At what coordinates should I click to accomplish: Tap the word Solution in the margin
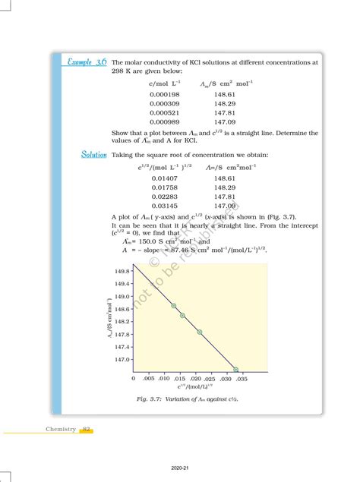[x=94, y=154]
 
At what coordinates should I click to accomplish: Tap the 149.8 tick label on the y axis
[x=122, y=271]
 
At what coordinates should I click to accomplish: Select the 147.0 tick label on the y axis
[x=122, y=360]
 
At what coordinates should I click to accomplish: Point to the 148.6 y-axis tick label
[x=122, y=309]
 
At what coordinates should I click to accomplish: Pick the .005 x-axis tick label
[x=149, y=377]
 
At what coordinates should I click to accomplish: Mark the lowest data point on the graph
[x=235, y=369]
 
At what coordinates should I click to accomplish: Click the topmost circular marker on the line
[x=174, y=306]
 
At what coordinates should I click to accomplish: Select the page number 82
[x=87, y=429]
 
